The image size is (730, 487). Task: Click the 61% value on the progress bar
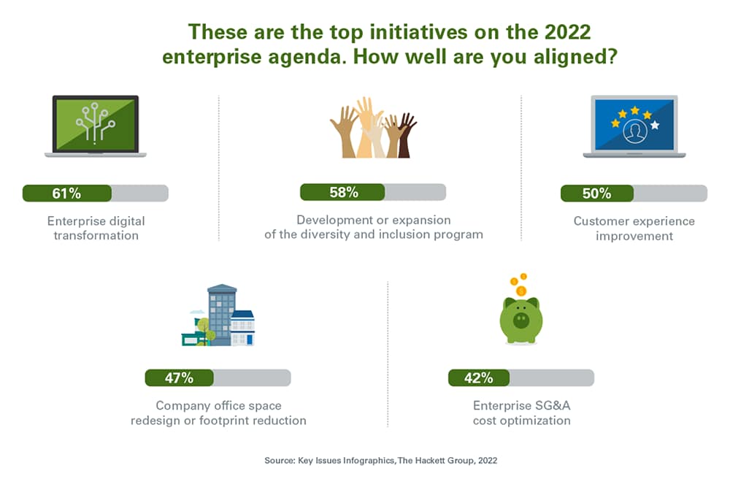(66, 193)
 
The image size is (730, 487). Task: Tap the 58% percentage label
(343, 193)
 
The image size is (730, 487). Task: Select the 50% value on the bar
(596, 193)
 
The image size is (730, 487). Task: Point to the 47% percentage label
(179, 377)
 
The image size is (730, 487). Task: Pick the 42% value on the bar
(478, 377)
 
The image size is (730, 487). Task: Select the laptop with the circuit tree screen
(96, 126)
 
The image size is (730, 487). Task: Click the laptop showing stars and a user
(634, 126)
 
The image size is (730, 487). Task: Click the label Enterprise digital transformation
(96, 228)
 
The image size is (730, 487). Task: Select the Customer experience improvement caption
(634, 228)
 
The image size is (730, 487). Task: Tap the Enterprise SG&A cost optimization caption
(521, 413)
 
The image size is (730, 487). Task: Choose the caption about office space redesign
(218, 413)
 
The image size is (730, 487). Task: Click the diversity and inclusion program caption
(373, 227)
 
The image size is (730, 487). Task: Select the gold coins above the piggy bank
(518, 283)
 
